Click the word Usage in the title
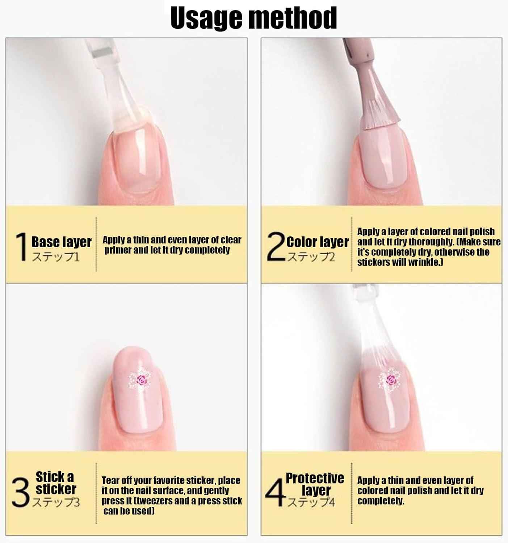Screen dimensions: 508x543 (x=206, y=18)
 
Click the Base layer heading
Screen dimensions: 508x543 (x=62, y=242)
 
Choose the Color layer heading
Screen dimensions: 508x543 (x=318, y=242)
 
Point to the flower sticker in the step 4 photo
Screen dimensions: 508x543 (x=390, y=380)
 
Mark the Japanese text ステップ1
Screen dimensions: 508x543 (x=56, y=257)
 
